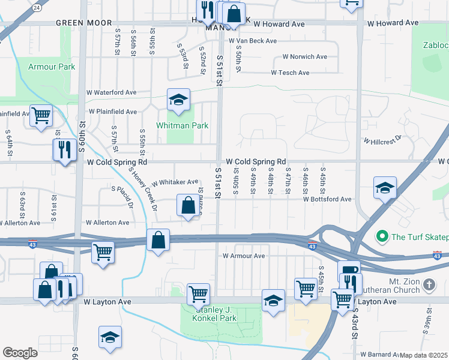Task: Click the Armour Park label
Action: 52,67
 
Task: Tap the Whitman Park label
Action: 182,125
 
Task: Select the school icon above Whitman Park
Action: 178,101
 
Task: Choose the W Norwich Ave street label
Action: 300,56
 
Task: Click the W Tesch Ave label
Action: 290,73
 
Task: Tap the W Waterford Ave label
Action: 112,92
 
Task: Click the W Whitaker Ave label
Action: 175,182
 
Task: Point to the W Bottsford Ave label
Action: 327,199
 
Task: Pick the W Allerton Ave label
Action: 107,222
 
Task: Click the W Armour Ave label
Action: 244,256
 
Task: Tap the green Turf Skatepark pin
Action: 380,237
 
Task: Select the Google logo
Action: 20,353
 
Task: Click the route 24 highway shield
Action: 37,7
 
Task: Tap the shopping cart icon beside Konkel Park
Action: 198,294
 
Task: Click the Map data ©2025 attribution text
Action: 423,355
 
